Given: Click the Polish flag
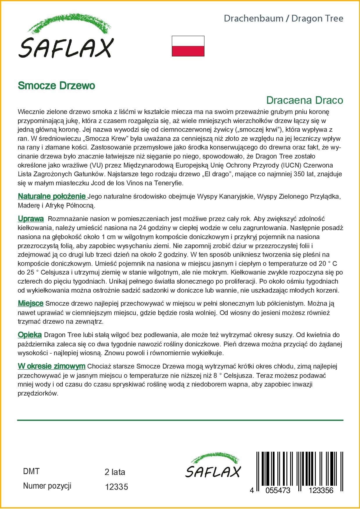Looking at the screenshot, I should pyautogui.click(x=188, y=46).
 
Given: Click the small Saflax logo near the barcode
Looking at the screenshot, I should pyautogui.click(x=213, y=465).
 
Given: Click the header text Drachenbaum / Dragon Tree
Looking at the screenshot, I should pyautogui.click(x=283, y=19).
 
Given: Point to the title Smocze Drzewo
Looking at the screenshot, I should pyautogui.click(x=56, y=86).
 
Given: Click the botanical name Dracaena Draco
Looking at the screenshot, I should pyautogui.click(x=304, y=100).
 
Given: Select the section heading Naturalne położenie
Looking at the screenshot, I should pyautogui.click(x=52, y=197).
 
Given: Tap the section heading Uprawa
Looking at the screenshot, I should pyautogui.click(x=31, y=219).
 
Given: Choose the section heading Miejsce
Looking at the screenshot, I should pyautogui.click(x=31, y=304).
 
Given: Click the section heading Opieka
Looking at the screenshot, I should pyautogui.click(x=30, y=335).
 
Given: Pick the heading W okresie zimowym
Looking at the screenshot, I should pyautogui.click(x=51, y=366).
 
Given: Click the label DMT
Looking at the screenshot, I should pyautogui.click(x=31, y=471).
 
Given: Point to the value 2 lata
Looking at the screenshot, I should pyautogui.click(x=115, y=472).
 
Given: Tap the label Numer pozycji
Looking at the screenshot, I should pyautogui.click(x=47, y=486).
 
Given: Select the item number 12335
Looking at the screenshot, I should pyautogui.click(x=116, y=487).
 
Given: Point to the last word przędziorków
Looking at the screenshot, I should pyautogui.click(x=38, y=394).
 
